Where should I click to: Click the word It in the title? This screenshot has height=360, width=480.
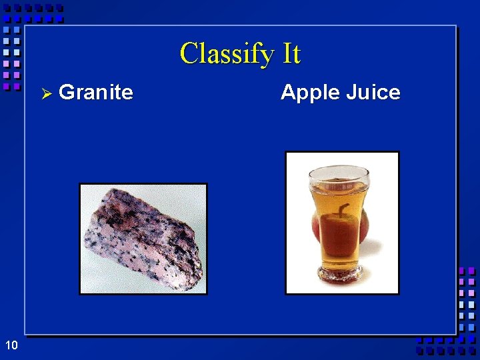pos(292,53)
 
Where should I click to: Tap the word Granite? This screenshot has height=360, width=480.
pos(96,92)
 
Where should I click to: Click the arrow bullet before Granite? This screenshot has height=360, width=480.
pos(47,93)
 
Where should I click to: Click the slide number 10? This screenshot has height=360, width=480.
pos(11,345)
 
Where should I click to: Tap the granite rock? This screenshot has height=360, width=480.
pos(142,239)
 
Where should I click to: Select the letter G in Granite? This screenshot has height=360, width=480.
pos(66,92)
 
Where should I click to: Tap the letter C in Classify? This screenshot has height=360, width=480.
pos(189,53)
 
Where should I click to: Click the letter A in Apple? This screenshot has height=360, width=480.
pos(288,92)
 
